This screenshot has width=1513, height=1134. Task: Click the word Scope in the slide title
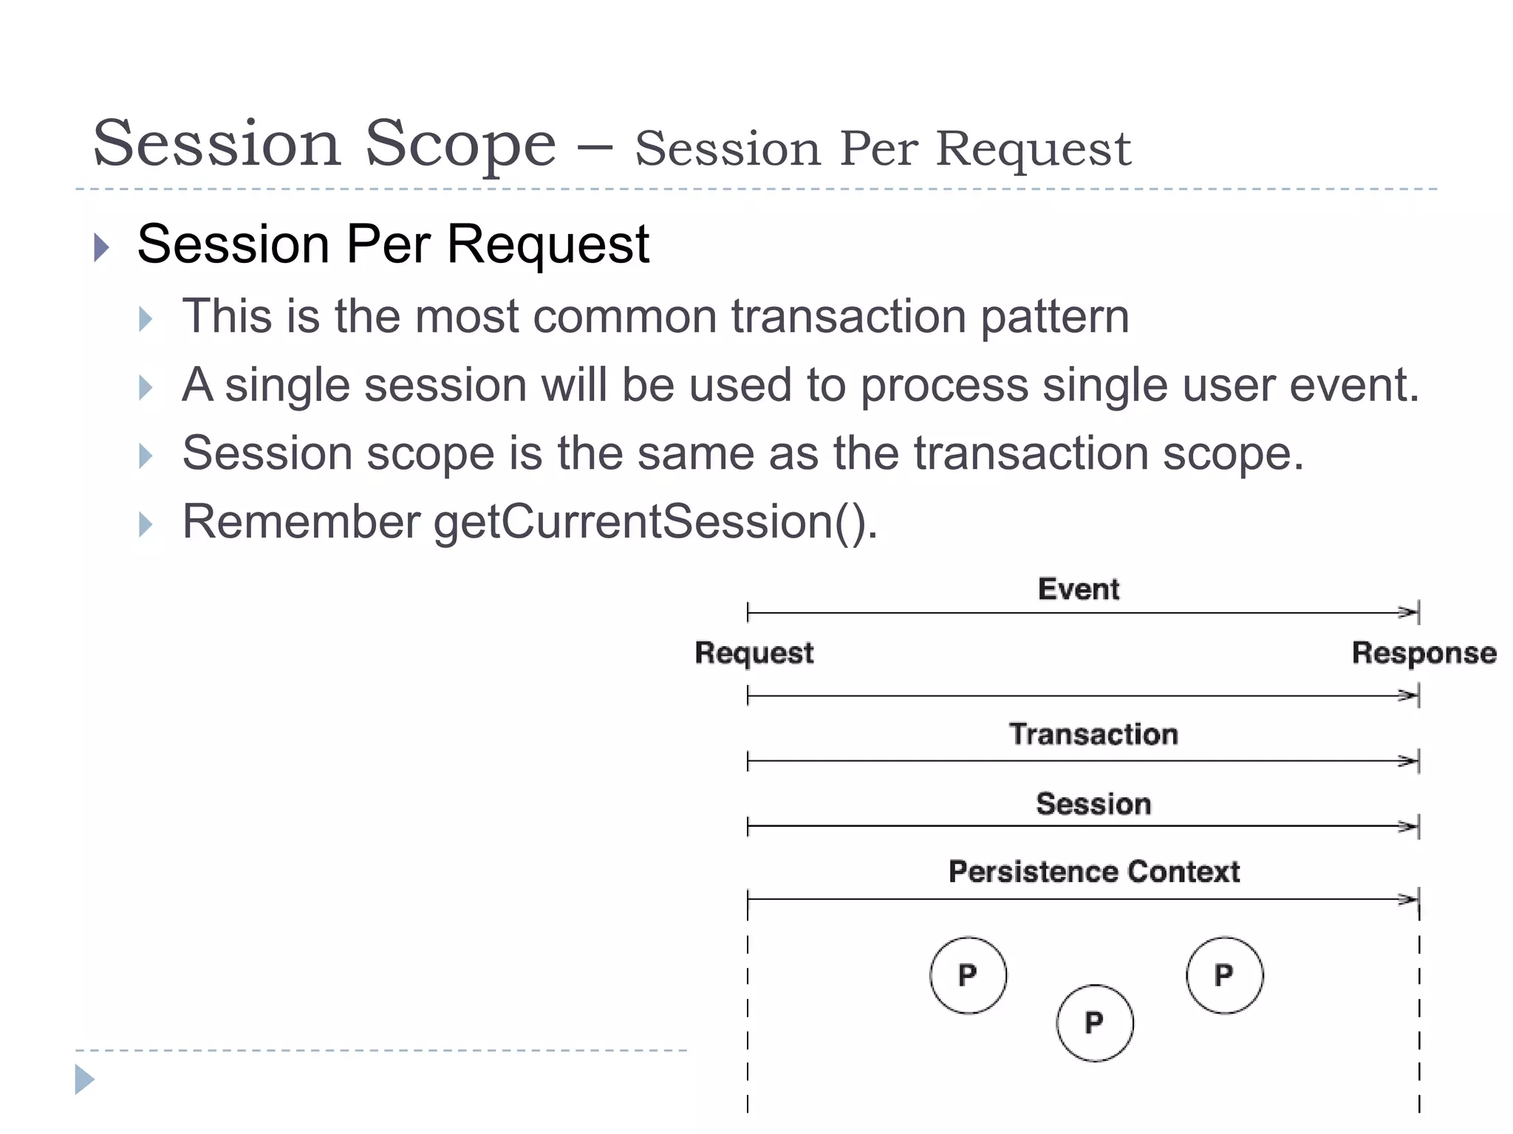(x=460, y=144)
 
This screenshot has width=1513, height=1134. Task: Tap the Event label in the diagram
(x=1078, y=589)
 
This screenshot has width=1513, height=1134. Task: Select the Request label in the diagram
(x=754, y=653)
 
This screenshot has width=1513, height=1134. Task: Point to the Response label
(x=1424, y=653)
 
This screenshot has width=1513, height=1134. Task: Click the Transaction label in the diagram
(x=1093, y=734)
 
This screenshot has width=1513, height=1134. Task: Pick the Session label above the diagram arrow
(x=1093, y=803)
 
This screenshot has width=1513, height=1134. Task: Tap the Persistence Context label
(x=1093, y=871)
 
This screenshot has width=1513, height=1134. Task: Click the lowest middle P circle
(x=1094, y=1023)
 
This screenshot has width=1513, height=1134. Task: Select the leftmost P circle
(x=968, y=975)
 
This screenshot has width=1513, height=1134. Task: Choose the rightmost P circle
(x=1224, y=975)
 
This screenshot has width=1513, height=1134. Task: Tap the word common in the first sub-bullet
(x=625, y=316)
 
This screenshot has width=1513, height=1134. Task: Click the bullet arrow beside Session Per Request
(x=102, y=247)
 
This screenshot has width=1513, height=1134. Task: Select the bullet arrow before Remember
(x=146, y=524)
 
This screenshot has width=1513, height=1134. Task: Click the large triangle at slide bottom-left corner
(x=84, y=1079)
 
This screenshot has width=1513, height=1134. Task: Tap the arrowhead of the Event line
(x=1409, y=612)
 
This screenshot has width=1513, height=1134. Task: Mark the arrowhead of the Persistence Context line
(x=1409, y=899)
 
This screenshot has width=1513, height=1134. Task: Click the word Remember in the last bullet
(x=301, y=522)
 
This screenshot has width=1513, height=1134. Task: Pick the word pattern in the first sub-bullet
(x=1054, y=316)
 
